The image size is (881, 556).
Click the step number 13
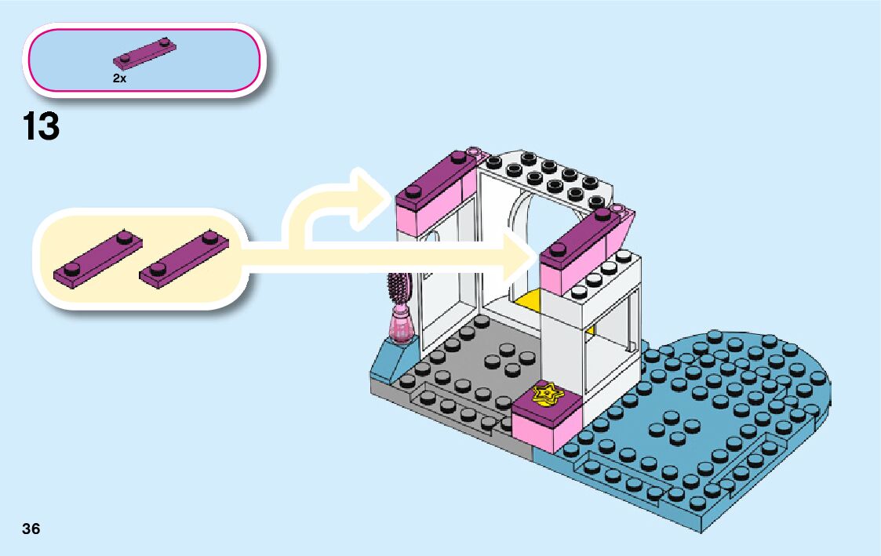(42, 126)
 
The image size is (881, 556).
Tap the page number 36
(31, 529)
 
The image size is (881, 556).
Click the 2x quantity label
(119, 78)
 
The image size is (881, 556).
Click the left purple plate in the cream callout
(98, 256)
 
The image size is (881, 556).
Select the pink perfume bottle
(402, 325)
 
